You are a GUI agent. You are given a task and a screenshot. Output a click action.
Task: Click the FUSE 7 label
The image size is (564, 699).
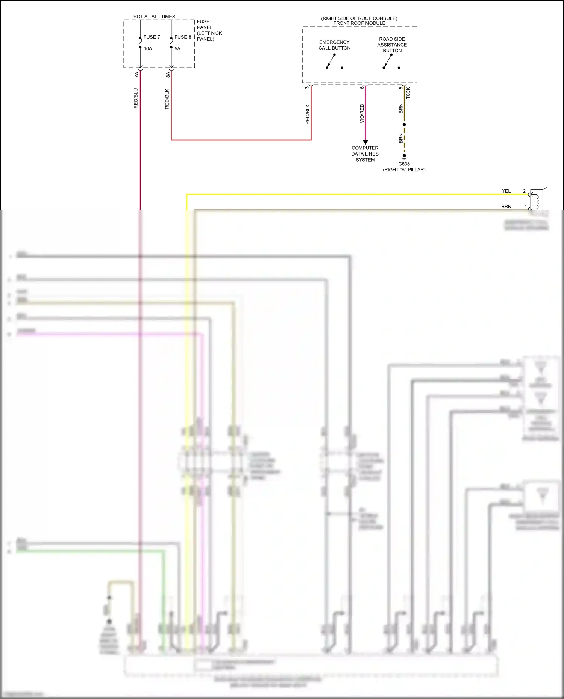pyautogui.click(x=152, y=37)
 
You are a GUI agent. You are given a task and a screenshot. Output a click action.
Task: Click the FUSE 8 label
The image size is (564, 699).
pyautogui.click(x=183, y=37)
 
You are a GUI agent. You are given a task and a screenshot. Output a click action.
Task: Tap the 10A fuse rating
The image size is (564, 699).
pyautogui.click(x=148, y=49)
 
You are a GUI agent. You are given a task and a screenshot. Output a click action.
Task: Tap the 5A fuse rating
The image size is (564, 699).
pyautogui.click(x=177, y=49)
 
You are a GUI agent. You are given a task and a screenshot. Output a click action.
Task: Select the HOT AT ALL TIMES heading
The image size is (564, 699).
pyautogui.click(x=154, y=17)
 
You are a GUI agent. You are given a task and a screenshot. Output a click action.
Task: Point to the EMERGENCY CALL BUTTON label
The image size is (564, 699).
pyautogui.click(x=334, y=45)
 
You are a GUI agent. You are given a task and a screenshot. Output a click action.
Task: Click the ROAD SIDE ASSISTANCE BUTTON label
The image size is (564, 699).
pyautogui.click(x=392, y=45)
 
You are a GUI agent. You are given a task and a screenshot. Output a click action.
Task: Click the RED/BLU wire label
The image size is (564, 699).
pyautogui.click(x=136, y=98)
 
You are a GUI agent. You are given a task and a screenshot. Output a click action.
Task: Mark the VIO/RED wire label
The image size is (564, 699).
pyautogui.click(x=362, y=113)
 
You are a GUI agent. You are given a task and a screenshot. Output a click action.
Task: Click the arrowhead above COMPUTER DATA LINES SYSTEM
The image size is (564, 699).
pyautogui.click(x=365, y=142)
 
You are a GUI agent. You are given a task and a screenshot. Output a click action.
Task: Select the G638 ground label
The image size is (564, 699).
pyautogui.click(x=404, y=164)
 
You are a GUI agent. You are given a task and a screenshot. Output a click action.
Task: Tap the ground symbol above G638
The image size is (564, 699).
pyautogui.click(x=404, y=157)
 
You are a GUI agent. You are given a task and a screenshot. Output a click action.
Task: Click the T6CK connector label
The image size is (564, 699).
pyautogui.click(x=408, y=93)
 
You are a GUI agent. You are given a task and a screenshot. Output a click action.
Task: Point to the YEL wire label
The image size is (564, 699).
pyautogui.click(x=506, y=191)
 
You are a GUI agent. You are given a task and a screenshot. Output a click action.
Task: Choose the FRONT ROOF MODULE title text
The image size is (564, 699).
pyautogui.click(x=359, y=23)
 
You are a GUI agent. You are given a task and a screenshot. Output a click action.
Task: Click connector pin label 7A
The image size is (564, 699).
pyautogui.click(x=136, y=75)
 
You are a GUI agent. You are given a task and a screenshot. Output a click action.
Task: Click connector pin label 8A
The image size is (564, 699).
pyautogui.click(x=168, y=75)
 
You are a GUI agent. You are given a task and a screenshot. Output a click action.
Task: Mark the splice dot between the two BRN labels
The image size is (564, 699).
pyautogui.click(x=404, y=124)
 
